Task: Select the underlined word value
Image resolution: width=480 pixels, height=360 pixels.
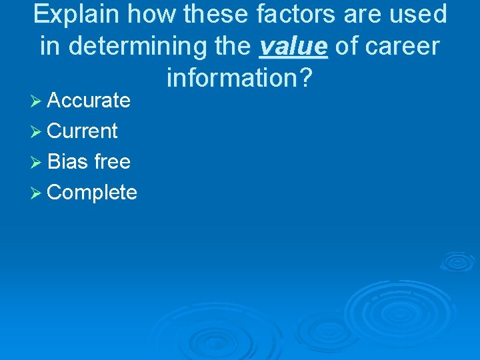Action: pyautogui.click(x=293, y=47)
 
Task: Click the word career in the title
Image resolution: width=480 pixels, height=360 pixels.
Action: pyautogui.click(x=402, y=47)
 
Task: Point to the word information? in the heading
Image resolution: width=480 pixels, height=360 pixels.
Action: pyautogui.click(x=240, y=78)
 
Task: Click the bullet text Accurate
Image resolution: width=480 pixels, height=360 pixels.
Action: pyautogui.click(x=89, y=101)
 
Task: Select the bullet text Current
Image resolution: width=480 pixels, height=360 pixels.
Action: pyautogui.click(x=83, y=131)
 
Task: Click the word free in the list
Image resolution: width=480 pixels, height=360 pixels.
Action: pyautogui.click(x=112, y=162)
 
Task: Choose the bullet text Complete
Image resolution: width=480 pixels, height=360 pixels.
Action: pyautogui.click(x=92, y=193)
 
